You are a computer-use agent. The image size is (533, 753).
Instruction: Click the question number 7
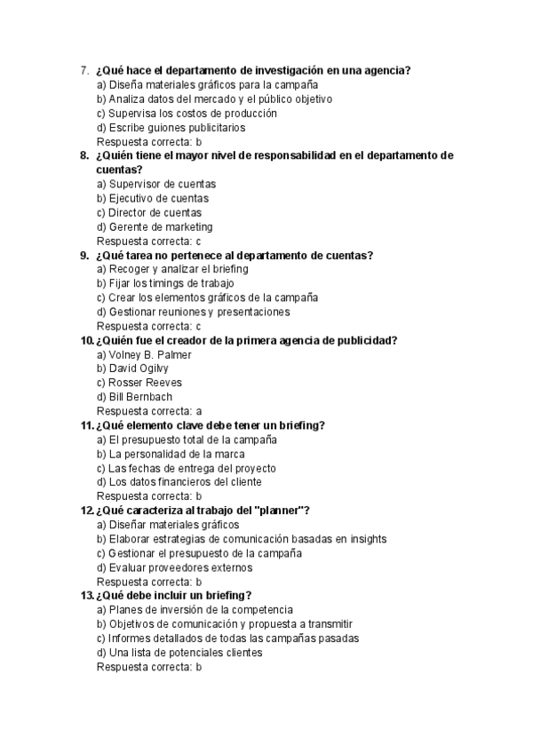tap(84, 71)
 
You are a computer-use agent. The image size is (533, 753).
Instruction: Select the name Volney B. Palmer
tap(144, 354)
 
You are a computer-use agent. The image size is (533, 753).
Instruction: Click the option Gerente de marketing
tap(155, 227)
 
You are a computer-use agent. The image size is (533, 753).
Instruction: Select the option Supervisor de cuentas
tap(156, 185)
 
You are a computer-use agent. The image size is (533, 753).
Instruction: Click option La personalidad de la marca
tap(166, 454)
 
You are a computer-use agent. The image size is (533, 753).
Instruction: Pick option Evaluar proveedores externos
tap(174, 567)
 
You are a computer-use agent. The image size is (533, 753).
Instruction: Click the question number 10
tap(86, 340)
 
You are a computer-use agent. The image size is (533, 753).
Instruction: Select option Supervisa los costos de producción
tap(187, 114)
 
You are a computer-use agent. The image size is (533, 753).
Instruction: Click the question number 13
tap(86, 595)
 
